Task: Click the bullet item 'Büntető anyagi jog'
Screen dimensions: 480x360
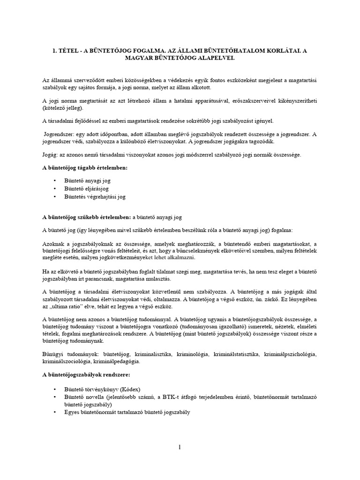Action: coord(88,180)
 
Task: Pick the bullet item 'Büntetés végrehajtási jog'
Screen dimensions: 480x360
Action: coord(95,197)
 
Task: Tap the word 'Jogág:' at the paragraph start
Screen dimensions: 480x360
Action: coord(51,155)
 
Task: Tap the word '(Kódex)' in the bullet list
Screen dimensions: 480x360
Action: coord(130,389)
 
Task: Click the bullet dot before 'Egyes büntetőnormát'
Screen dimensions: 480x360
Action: coord(55,412)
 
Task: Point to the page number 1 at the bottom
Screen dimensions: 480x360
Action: coord(180,447)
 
